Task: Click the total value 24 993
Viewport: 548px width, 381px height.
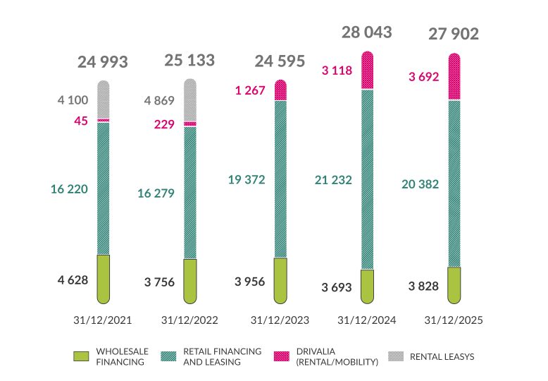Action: [103, 62]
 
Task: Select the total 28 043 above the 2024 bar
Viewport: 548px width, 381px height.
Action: [366, 32]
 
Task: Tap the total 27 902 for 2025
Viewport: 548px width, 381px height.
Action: [454, 35]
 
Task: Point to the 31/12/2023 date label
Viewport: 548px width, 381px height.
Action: [280, 320]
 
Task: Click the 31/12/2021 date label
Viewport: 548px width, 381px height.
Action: [103, 320]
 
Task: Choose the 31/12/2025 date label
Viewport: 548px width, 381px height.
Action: [454, 320]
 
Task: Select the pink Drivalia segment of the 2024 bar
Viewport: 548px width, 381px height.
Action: [367, 71]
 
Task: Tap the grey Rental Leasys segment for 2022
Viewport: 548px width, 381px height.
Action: [190, 100]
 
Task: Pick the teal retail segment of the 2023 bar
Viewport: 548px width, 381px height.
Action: [280, 179]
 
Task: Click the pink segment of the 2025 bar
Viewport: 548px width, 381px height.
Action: [454, 77]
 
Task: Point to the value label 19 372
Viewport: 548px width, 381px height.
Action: [246, 180]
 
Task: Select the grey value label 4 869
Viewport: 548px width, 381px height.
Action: [159, 99]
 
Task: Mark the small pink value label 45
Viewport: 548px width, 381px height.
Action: [81, 121]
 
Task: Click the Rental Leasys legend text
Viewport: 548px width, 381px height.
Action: [442, 356]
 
